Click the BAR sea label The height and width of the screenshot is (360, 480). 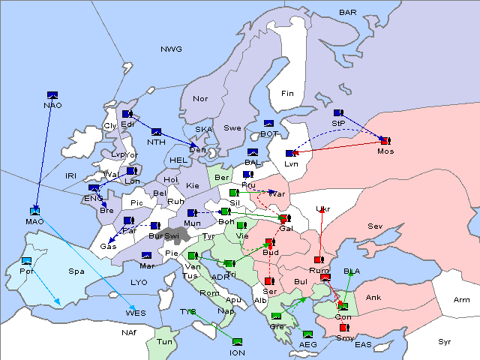click(348, 13)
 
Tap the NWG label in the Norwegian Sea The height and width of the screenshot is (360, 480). click(171, 49)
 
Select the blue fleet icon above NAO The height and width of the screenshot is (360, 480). click(52, 94)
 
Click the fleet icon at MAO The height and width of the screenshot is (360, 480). click(34, 211)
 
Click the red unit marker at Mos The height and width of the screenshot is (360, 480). click(385, 140)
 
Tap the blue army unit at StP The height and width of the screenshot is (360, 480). click(338, 112)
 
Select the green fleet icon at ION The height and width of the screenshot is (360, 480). click(238, 342)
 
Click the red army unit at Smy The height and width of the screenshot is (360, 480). click(343, 328)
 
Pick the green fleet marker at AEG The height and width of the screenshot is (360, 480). click(307, 334)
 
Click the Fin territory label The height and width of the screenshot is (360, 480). click(287, 94)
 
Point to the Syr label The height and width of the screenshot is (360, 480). click(445, 341)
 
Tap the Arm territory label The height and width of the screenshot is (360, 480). click(462, 300)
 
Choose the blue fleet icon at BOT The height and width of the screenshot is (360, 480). click(268, 124)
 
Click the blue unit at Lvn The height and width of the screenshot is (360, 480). click(291, 154)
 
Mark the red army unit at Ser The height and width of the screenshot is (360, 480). click(269, 280)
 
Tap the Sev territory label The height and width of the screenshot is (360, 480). click(375, 226)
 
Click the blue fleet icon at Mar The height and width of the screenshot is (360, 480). click(147, 256)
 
